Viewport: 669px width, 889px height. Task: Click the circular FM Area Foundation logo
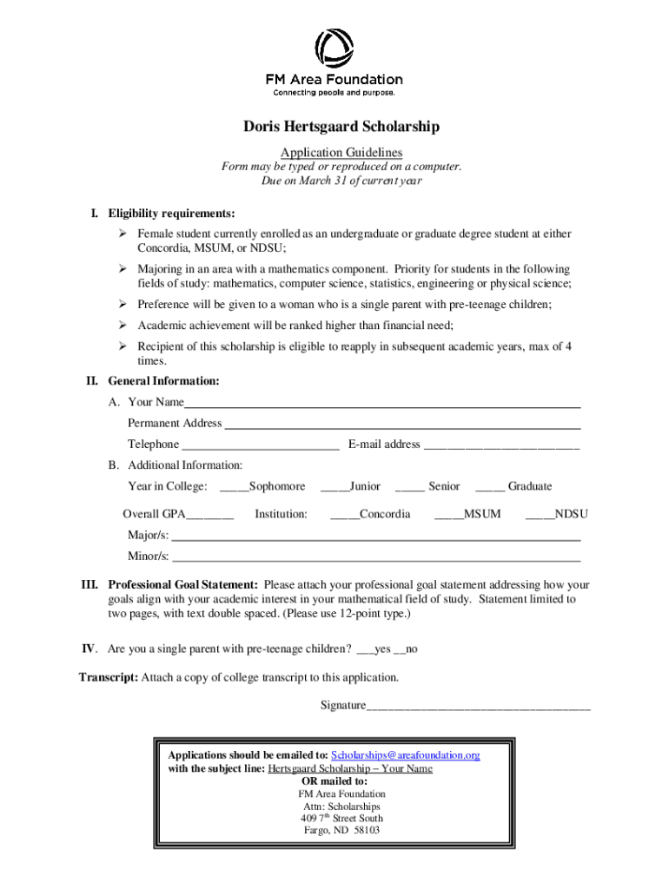334,49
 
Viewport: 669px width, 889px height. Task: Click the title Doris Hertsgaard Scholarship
341,127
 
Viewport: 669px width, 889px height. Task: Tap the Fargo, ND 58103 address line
341,831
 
